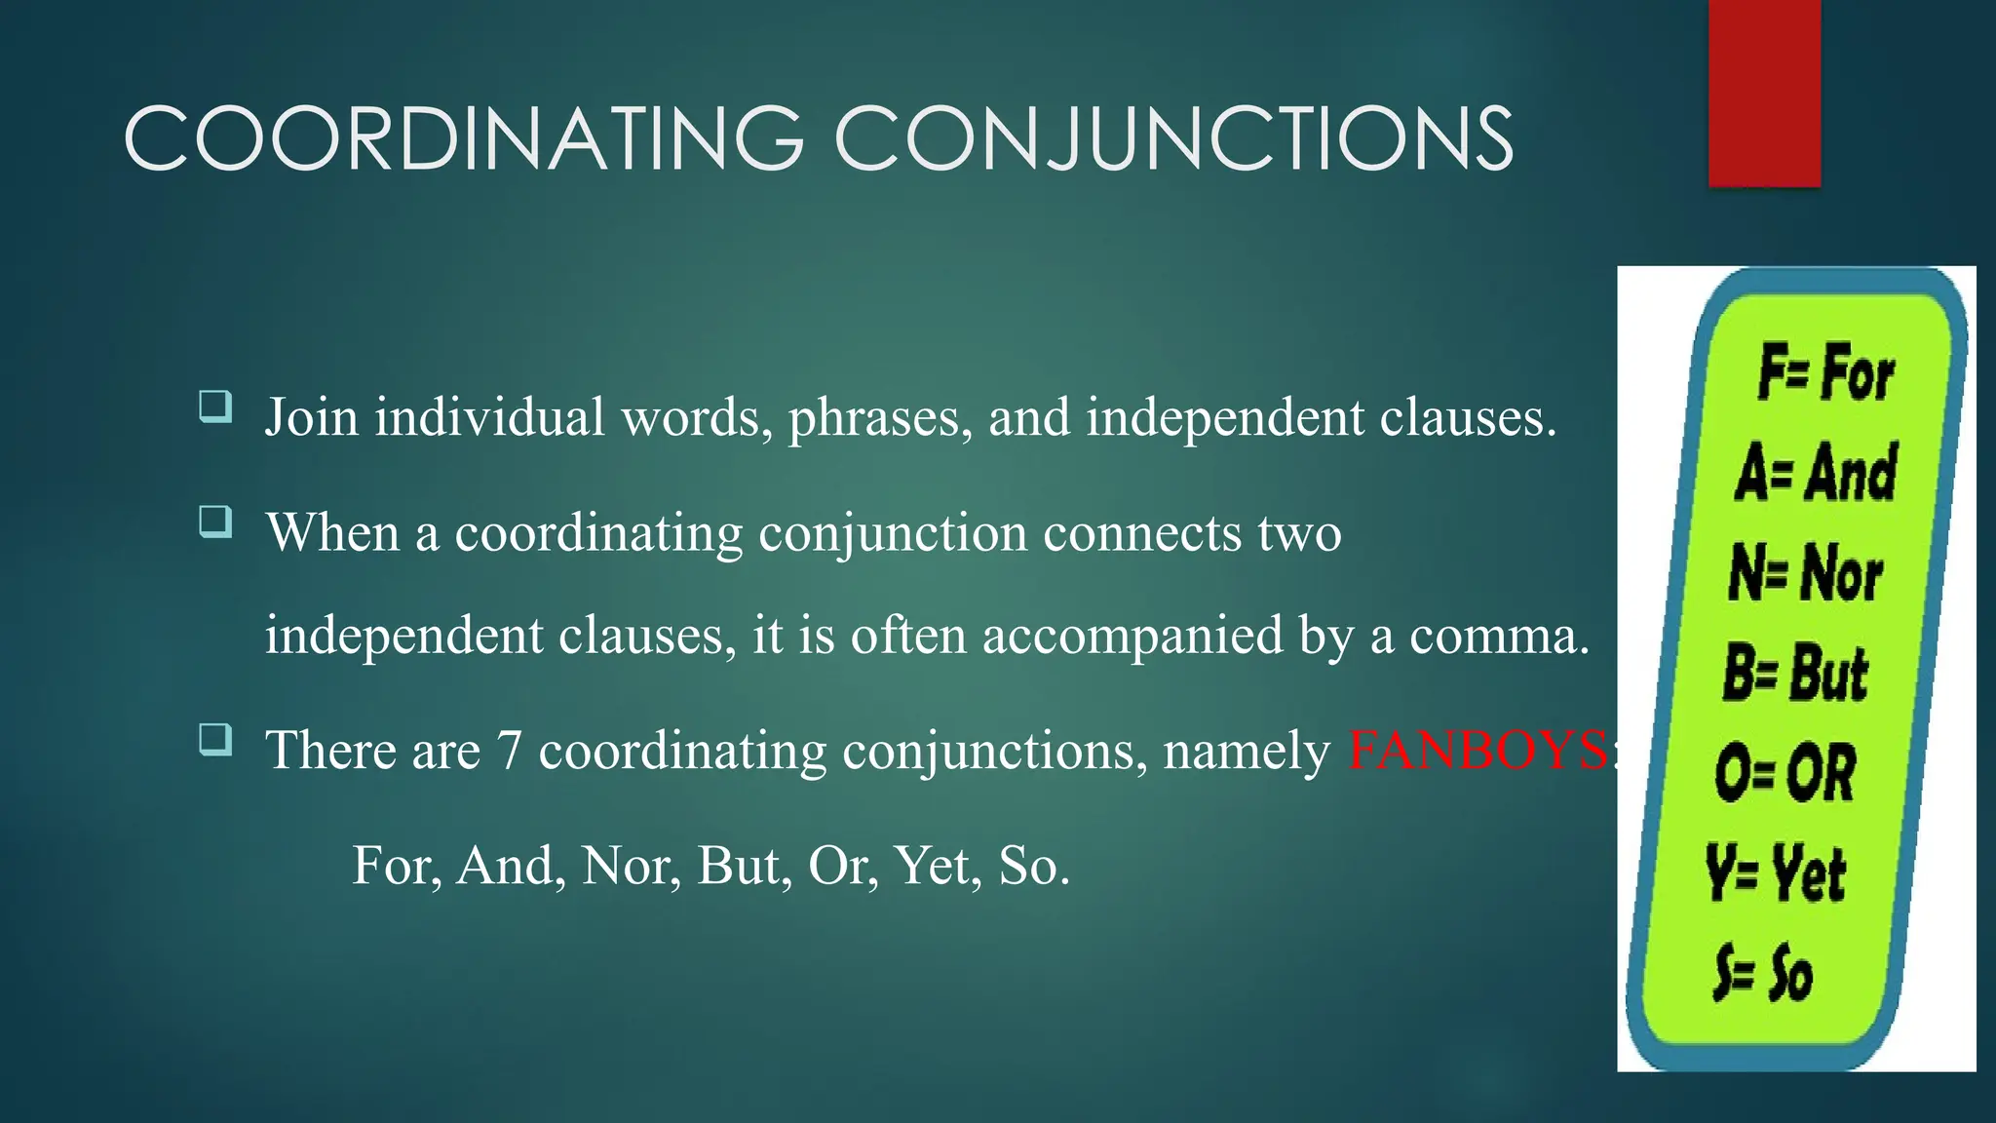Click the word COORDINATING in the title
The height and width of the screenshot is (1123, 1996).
click(464, 138)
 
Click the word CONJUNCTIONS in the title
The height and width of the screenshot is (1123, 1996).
click(1173, 138)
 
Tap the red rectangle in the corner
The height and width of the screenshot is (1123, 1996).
click(1764, 93)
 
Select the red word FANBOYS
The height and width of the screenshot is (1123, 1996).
click(1478, 751)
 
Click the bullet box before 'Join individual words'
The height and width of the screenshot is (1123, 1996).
click(215, 406)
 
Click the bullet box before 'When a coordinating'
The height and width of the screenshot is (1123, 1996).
click(215, 522)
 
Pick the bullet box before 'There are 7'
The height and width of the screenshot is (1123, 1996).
click(215, 739)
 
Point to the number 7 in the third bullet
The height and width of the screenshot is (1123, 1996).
click(510, 751)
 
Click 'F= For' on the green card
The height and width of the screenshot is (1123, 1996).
click(1825, 372)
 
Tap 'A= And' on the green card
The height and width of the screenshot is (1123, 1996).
click(1816, 473)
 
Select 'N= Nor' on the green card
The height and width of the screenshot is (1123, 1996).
click(1805, 573)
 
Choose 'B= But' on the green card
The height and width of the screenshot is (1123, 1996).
click(1795, 673)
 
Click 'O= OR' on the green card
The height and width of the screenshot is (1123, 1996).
click(1785, 773)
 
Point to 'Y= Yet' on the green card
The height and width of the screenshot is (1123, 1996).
click(1775, 873)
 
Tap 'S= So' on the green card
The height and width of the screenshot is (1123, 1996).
click(1763, 973)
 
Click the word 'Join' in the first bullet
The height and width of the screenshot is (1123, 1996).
click(312, 418)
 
